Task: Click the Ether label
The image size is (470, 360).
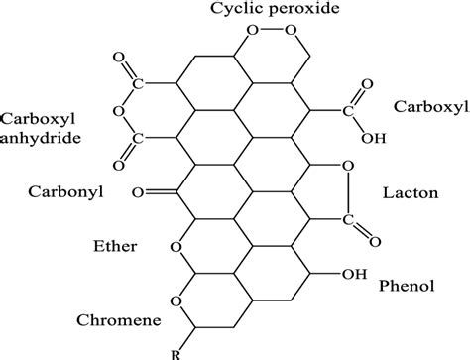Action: (112, 244)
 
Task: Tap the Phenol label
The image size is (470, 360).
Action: (408, 286)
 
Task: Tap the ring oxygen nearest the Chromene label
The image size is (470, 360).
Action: (176, 300)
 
